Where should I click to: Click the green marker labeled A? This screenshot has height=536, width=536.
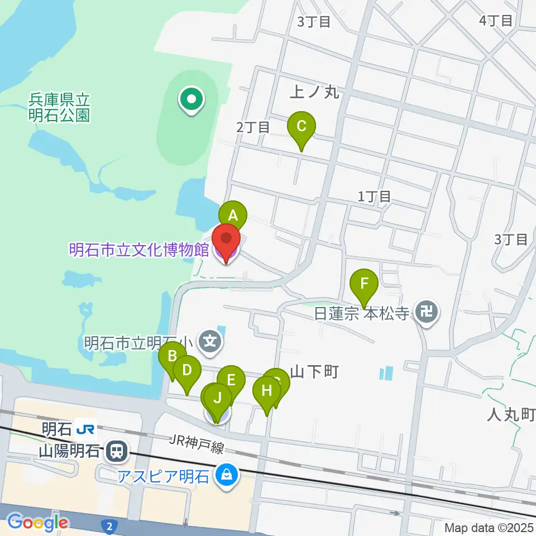232,215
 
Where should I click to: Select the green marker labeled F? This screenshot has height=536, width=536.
364,283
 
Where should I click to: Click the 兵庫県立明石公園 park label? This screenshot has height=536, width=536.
59,108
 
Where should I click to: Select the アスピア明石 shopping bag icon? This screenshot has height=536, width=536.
227,476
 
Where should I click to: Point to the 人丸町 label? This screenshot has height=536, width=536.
511,414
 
